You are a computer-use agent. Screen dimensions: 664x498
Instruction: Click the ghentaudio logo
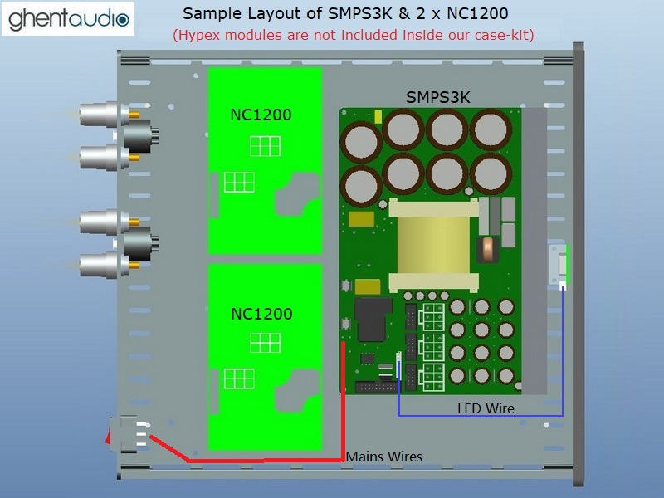pos(68,19)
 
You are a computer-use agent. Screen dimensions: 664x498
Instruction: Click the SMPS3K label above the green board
pos(438,98)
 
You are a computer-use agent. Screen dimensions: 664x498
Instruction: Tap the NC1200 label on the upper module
pos(261,115)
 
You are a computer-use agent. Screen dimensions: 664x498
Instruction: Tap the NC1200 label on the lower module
pos(261,314)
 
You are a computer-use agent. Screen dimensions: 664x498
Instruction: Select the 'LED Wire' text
pos(486,408)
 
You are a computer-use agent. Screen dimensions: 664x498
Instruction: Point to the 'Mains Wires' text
pos(384,456)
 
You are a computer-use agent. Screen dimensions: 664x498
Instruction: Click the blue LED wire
pos(481,416)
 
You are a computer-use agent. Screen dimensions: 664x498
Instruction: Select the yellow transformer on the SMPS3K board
pos(433,245)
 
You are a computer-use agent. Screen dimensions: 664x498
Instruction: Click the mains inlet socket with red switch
pos(127,434)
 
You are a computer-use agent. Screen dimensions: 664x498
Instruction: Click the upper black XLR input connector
pos(140,135)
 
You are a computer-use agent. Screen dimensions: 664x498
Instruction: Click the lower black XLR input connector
pos(140,243)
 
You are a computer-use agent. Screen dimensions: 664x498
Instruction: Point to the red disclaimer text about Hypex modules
pos(354,35)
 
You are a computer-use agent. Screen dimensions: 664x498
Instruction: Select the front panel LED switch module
pos(559,264)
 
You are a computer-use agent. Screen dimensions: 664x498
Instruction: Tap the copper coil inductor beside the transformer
pos(488,250)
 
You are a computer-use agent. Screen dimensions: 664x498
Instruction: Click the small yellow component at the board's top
pos(378,116)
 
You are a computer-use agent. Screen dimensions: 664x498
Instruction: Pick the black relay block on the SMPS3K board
pos(373,319)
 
